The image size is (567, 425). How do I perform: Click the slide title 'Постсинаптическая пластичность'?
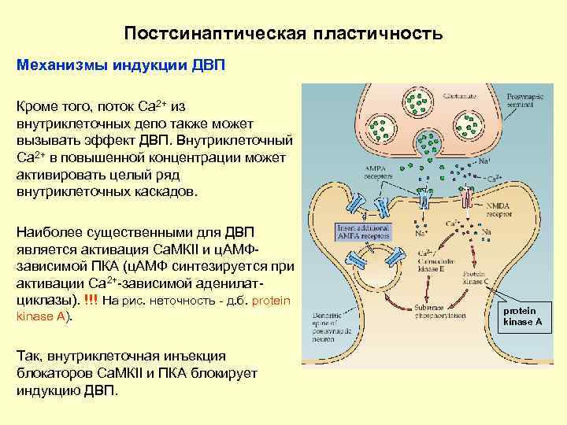tap(283, 34)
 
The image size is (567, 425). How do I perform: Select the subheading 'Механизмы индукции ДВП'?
tap(121, 65)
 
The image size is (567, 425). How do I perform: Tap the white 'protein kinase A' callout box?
tap(522, 316)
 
